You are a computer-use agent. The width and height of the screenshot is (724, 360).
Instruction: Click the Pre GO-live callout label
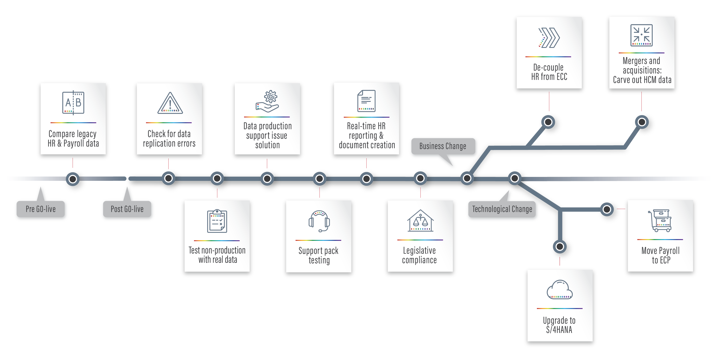[x=41, y=209]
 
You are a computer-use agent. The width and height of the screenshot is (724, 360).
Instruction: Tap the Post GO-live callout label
[x=127, y=209]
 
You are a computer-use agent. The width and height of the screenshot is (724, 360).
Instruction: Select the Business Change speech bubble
[x=443, y=146]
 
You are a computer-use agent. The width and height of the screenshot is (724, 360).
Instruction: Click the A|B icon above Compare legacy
[x=73, y=103]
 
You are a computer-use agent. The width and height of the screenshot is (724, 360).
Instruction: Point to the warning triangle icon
[x=170, y=103]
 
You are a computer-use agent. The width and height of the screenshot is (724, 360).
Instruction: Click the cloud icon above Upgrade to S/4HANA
[x=560, y=290]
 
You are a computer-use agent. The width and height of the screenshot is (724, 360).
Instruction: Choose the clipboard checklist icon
[x=217, y=221]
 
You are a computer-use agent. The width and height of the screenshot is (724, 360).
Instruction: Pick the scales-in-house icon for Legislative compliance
[x=420, y=221]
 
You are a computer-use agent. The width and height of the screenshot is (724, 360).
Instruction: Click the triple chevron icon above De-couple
[x=549, y=38]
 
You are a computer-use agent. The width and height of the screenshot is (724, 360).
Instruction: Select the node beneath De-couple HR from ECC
[x=548, y=122]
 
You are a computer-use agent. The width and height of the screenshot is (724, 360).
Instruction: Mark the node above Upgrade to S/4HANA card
[x=560, y=247]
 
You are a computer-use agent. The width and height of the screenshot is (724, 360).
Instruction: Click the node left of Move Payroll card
[x=607, y=209]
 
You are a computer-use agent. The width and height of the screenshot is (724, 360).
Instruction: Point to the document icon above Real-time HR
[x=366, y=101]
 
